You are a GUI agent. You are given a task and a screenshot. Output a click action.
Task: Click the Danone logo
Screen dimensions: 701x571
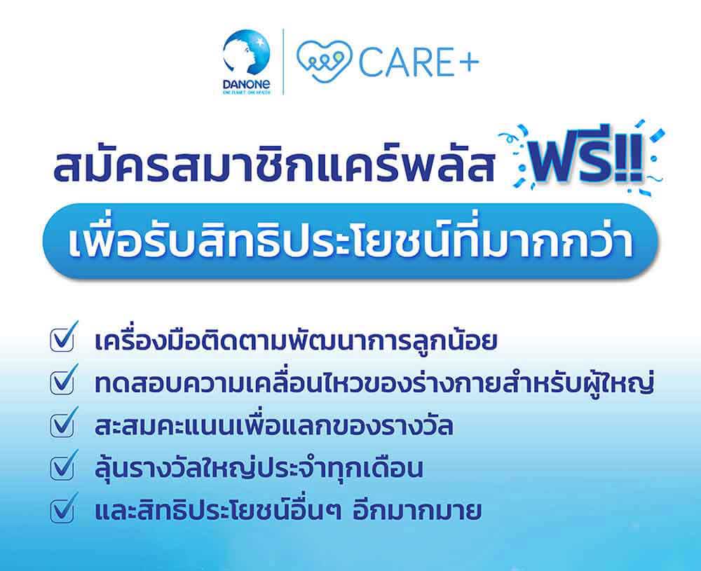tap(246, 62)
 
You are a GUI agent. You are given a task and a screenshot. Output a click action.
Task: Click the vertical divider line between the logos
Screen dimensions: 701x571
tap(283, 62)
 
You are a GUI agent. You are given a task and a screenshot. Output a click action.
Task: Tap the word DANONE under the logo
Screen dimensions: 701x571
tap(246, 83)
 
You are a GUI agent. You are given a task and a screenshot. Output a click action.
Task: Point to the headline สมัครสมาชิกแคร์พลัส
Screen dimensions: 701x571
tap(273, 163)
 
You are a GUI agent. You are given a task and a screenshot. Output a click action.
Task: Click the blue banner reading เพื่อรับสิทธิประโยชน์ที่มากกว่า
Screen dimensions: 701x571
tap(350, 242)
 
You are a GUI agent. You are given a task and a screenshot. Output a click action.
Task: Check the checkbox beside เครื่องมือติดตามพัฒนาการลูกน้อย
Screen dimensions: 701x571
tap(62, 340)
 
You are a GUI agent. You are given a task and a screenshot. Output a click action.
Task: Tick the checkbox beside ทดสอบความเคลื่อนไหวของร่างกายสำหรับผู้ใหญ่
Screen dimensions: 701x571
tap(62, 382)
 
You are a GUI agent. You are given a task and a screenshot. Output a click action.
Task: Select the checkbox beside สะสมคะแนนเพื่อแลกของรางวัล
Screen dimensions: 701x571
tap(62, 425)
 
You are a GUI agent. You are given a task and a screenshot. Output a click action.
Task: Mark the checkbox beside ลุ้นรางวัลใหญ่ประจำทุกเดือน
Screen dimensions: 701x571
tap(62, 467)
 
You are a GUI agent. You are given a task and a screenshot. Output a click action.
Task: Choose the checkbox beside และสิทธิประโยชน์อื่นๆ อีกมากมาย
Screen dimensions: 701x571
tap(62, 509)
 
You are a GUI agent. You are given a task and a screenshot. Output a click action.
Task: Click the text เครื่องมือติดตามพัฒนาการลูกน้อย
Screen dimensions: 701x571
tap(296, 340)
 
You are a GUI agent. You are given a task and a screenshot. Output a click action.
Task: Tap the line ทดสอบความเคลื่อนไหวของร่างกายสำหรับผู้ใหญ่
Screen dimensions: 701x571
tap(374, 383)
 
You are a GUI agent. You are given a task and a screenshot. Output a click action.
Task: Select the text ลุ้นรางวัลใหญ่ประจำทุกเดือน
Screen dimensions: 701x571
tap(259, 467)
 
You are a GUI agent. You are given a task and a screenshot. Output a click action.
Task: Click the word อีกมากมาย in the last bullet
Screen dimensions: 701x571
tap(417, 510)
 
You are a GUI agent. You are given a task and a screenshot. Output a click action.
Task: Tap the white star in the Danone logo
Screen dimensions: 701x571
tap(259, 43)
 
